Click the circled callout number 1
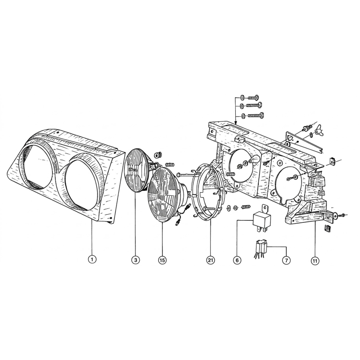(x=92, y=260)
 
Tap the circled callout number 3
(x=135, y=260)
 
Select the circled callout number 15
(x=162, y=260)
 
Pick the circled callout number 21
(x=210, y=261)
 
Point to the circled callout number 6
(x=237, y=261)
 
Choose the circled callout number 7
(x=286, y=261)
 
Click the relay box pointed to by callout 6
(x=262, y=218)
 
